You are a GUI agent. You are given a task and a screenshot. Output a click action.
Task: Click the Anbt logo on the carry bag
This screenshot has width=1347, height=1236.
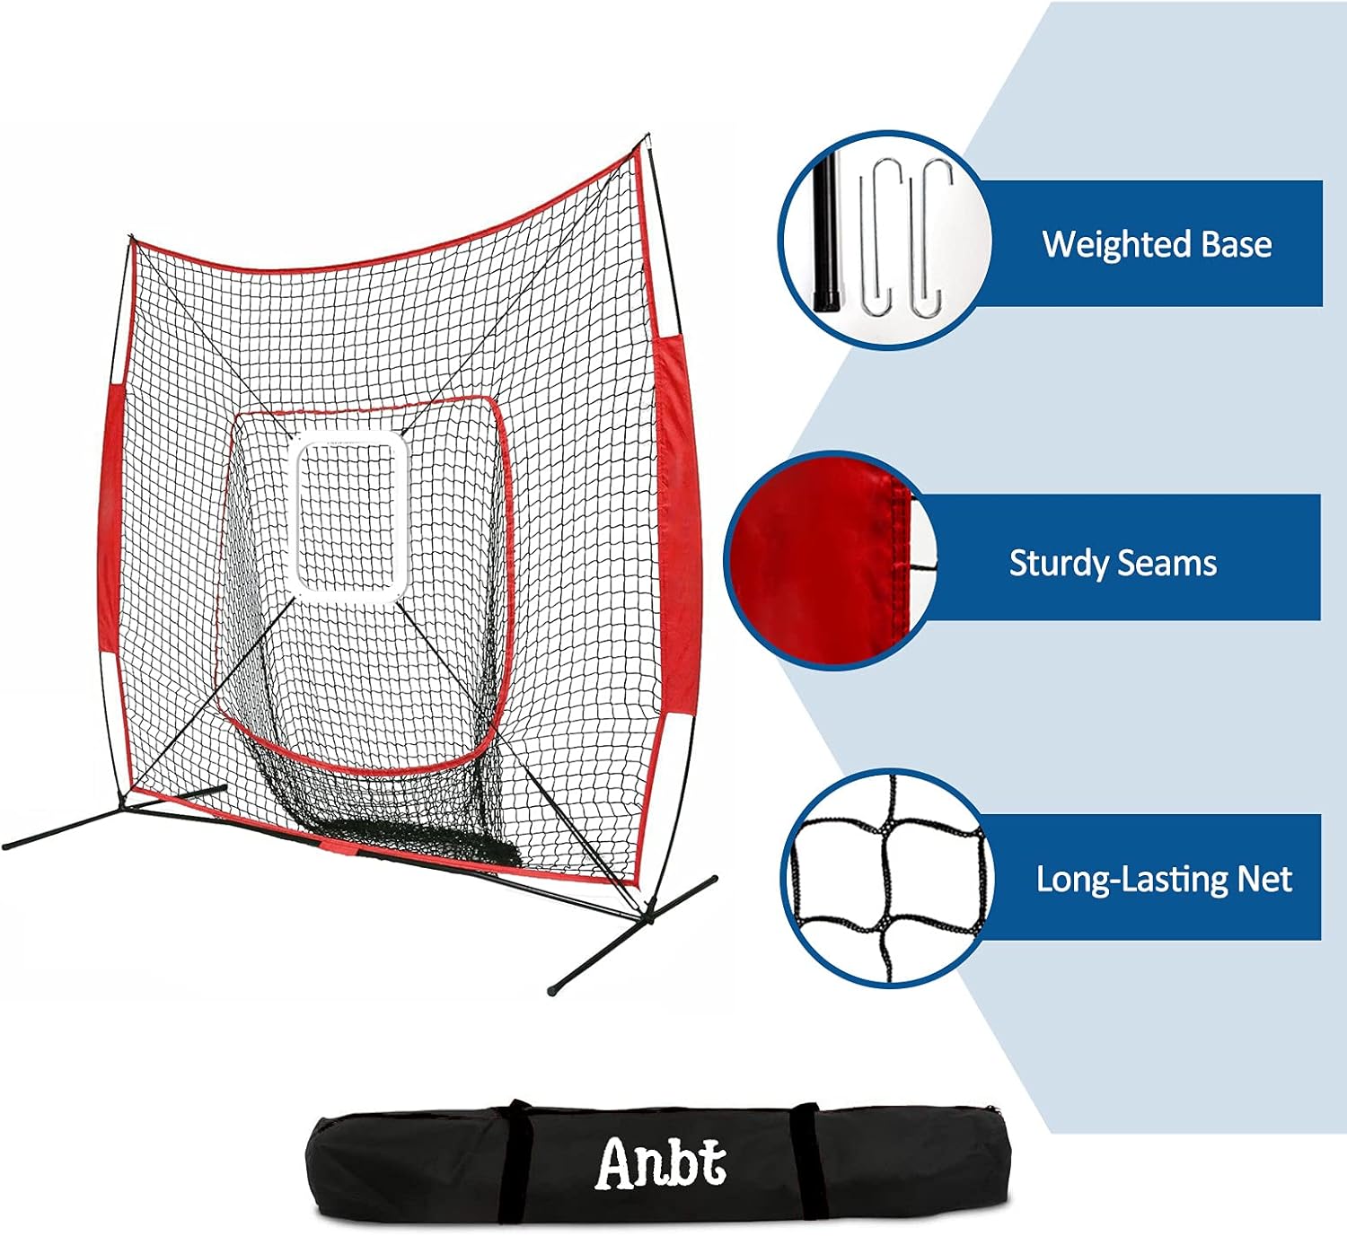coord(661,1163)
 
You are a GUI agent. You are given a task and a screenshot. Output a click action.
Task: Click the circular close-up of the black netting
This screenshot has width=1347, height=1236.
coord(885,877)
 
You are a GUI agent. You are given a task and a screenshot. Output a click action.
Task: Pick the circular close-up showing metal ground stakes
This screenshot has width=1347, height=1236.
coord(885,240)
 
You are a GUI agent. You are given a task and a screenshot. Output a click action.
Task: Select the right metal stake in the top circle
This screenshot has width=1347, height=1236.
coord(926,242)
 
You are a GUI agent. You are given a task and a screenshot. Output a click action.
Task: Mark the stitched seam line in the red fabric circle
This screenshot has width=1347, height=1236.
coord(898,530)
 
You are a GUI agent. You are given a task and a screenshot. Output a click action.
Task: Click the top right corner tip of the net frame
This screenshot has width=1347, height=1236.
coord(647,138)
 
